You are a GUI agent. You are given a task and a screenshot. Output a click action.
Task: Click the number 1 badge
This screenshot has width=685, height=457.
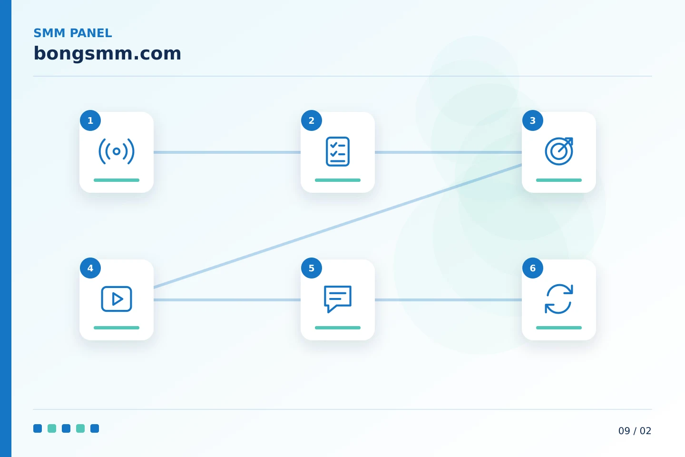point(90,120)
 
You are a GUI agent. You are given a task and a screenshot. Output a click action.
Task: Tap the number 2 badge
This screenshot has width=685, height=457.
point(311,120)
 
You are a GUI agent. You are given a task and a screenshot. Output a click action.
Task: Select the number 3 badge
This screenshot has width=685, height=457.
point(532,120)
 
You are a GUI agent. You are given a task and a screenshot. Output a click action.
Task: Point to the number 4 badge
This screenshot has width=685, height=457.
point(90,268)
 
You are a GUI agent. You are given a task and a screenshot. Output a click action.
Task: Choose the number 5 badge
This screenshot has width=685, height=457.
point(311,268)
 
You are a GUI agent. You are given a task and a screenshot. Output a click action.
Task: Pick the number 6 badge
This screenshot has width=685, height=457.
point(532,268)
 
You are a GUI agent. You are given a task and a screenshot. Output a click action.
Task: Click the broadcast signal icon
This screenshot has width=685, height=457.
point(116,151)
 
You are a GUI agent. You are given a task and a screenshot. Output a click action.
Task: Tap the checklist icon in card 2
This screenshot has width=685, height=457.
point(338,151)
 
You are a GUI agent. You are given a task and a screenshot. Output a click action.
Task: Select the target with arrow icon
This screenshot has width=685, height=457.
point(558,151)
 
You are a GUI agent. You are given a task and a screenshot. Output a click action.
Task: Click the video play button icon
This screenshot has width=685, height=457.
point(116,299)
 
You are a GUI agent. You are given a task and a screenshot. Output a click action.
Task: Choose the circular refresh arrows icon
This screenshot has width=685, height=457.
point(558,299)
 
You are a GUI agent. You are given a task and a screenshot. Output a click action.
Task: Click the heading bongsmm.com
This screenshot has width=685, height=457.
point(107,54)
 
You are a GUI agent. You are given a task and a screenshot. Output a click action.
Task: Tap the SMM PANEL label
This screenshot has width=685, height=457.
point(72,33)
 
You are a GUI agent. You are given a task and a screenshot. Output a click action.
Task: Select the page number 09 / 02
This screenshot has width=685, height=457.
point(635,431)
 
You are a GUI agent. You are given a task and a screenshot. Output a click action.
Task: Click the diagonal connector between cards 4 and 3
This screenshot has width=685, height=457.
point(338,226)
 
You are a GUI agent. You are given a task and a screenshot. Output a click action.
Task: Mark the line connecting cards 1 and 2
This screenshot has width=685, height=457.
point(227,152)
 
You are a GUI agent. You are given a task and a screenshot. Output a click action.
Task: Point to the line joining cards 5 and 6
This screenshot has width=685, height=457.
point(448,299)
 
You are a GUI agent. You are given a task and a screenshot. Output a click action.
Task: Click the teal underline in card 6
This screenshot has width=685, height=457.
point(558,328)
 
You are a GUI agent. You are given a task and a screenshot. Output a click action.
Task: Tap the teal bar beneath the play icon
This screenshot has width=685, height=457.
point(116,328)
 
